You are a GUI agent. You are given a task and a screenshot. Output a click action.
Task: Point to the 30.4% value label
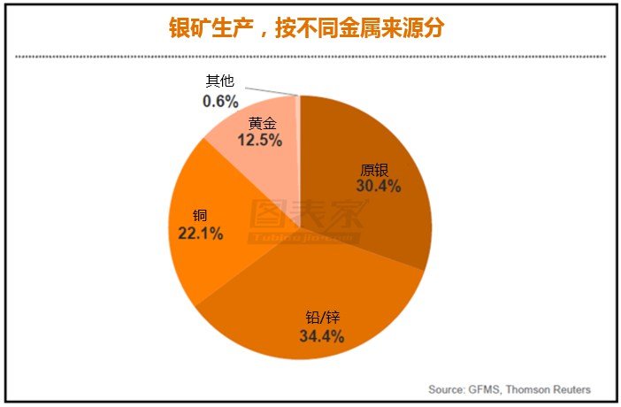pos(379,187)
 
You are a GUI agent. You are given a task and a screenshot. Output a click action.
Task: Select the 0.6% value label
pos(220,102)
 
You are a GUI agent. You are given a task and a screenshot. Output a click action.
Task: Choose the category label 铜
pos(199,216)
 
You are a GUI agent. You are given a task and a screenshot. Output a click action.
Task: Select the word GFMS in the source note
pos(485,389)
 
